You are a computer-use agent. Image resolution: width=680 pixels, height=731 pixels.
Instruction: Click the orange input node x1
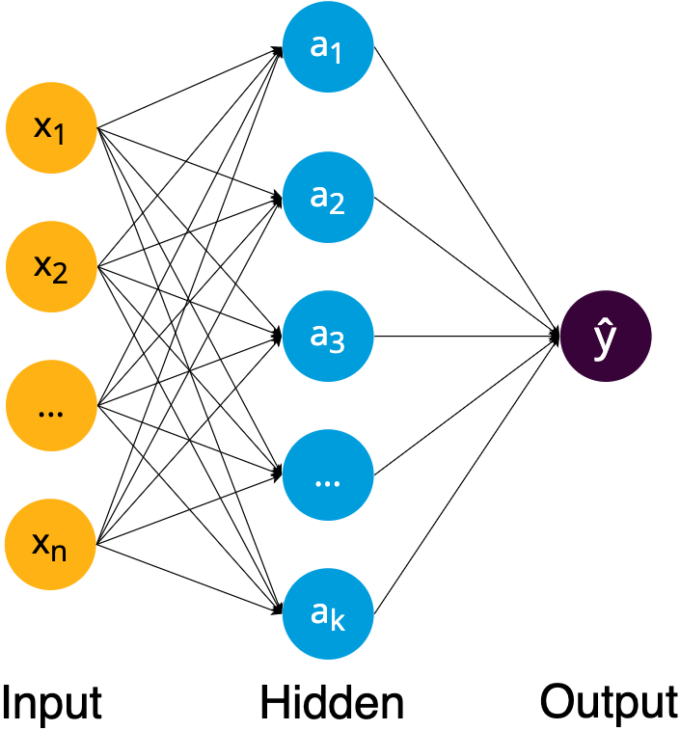click(x=51, y=127)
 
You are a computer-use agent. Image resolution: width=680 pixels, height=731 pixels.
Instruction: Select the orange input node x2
click(x=51, y=267)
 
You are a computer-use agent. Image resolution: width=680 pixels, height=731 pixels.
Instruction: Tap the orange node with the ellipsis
click(x=51, y=407)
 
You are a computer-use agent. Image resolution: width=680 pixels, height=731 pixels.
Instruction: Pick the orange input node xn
click(x=51, y=546)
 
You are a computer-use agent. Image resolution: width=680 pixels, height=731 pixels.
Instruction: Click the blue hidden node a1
click(x=328, y=48)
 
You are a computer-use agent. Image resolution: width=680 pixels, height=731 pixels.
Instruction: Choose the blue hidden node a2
click(x=328, y=198)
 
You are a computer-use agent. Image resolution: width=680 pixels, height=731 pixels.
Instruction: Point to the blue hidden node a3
click(x=328, y=337)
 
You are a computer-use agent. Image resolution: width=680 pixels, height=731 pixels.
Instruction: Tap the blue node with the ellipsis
click(x=328, y=476)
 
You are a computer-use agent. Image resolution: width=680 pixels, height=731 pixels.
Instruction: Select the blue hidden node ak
click(x=328, y=614)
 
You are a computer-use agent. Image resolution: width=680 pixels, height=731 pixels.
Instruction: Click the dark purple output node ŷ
click(x=607, y=338)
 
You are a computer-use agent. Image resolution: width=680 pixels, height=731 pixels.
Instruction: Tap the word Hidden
click(x=331, y=703)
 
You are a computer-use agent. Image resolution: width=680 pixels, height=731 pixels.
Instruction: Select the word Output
click(x=609, y=701)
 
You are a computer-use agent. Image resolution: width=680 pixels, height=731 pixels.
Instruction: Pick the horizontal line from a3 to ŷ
click(x=463, y=337)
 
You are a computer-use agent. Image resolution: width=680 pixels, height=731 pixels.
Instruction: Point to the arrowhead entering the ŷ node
click(x=556, y=337)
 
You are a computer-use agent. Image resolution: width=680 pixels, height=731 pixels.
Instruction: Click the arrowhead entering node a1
click(x=278, y=49)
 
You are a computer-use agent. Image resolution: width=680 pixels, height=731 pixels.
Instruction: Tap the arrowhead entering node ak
click(x=278, y=610)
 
